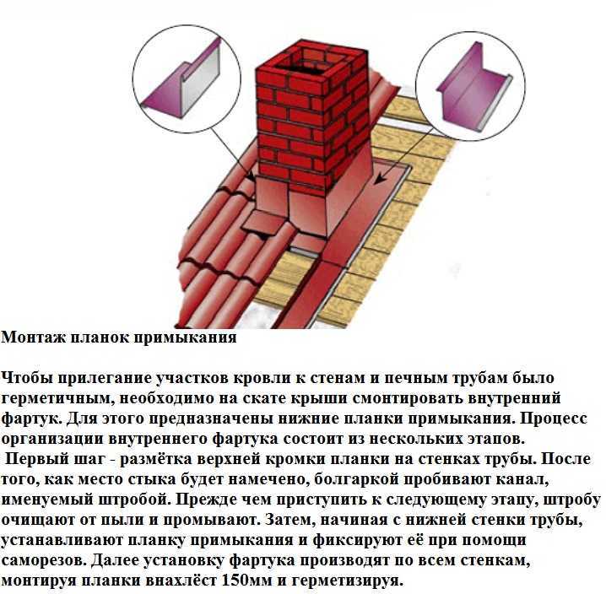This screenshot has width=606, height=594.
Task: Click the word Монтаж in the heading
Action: pos(34,337)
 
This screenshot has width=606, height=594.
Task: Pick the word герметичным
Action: pos(57,399)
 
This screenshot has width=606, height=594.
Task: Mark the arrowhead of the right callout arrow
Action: pos(381,179)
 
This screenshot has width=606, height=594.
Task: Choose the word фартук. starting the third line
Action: pos(31,419)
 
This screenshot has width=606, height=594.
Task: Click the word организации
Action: pos(51,440)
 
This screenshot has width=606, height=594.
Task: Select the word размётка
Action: pos(156,460)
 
